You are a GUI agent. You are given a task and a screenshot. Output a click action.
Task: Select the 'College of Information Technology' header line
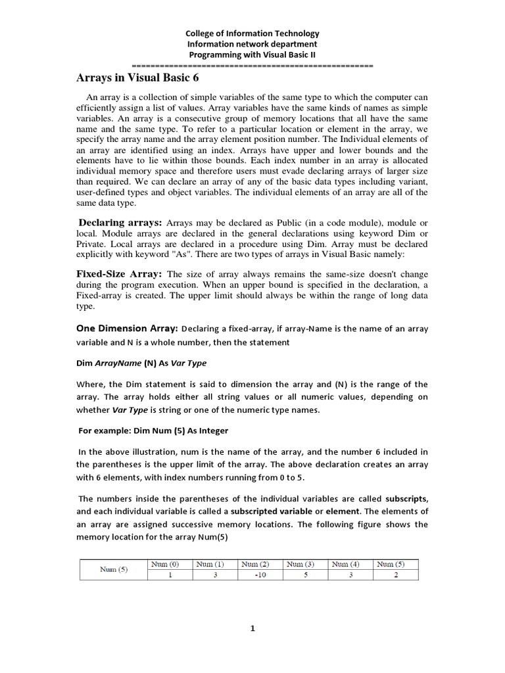point(252,33)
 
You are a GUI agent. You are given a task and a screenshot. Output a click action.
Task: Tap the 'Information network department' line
point(252,44)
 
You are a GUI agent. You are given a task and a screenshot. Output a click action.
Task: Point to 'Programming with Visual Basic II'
point(252,55)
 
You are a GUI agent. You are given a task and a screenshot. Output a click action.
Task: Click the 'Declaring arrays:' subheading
point(120,223)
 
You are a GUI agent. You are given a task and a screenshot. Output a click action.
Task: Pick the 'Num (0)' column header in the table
point(164,564)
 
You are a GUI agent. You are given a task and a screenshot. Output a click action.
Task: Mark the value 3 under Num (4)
point(349,574)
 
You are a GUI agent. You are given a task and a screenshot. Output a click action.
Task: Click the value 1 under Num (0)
point(169,574)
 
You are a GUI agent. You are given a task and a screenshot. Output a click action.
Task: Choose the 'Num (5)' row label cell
point(112,569)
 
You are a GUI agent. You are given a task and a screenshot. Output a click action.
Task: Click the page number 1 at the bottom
point(252,628)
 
